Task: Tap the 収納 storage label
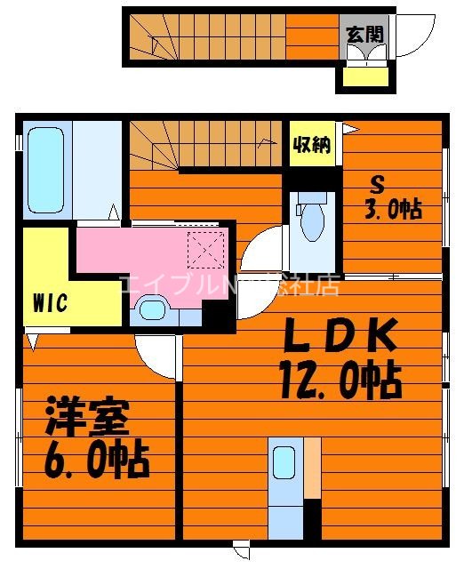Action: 312,145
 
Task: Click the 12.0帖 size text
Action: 340,381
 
